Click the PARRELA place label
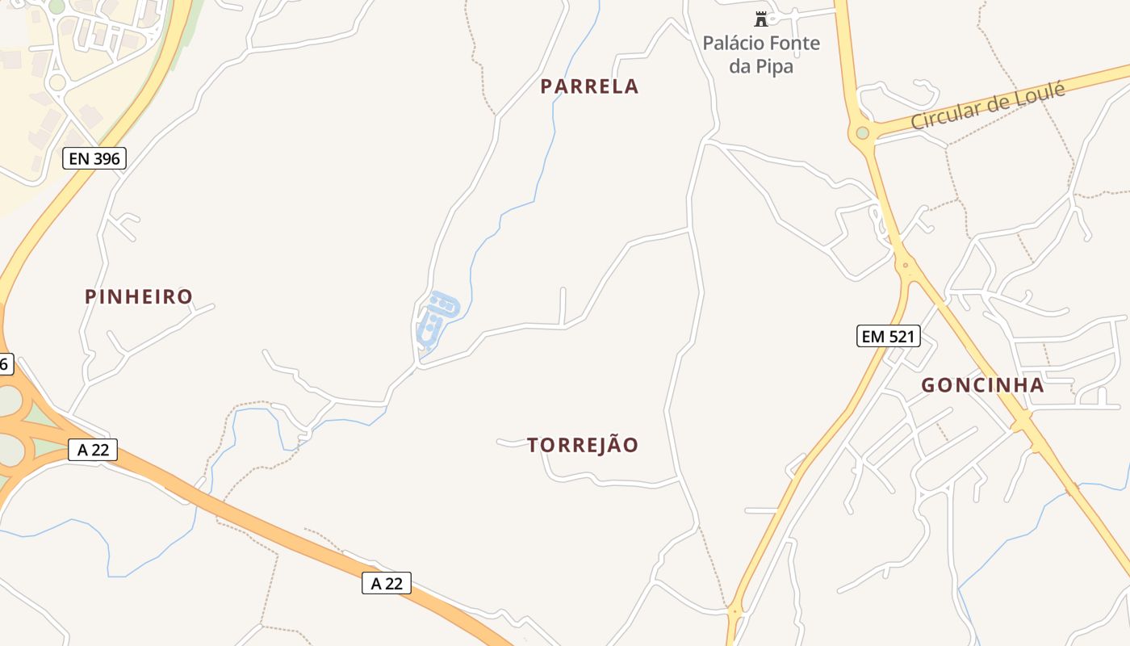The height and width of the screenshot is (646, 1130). (589, 86)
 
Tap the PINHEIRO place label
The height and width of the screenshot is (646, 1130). (139, 296)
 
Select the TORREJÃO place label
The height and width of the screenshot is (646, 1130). (583, 445)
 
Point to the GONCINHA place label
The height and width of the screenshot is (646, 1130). (982, 385)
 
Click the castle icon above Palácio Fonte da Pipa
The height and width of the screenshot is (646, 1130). (760, 19)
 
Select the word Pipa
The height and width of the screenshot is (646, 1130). (772, 66)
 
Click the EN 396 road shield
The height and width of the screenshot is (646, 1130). (94, 158)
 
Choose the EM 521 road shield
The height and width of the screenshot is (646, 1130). (888, 336)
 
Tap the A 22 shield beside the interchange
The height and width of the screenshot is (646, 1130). (93, 450)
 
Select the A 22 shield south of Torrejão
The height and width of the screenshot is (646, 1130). (386, 583)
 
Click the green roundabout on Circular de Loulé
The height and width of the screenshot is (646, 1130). (862, 132)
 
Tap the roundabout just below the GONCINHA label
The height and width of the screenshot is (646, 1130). (1023, 420)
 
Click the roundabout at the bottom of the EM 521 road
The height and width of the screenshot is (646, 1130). (734, 612)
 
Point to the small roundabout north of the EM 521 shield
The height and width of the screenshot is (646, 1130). (906, 264)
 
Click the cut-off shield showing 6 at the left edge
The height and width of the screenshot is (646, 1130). (5, 364)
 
